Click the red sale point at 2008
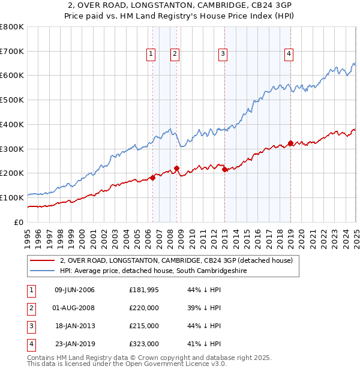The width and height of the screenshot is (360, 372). [x=176, y=169]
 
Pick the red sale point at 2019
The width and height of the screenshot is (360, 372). [x=290, y=143]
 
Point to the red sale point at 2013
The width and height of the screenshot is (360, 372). [x=224, y=170]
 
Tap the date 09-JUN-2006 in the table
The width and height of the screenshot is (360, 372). [x=74, y=290]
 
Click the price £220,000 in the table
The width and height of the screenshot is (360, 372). [x=144, y=308]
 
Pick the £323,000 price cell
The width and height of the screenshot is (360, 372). [x=144, y=344]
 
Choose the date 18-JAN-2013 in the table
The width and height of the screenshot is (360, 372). [x=75, y=326]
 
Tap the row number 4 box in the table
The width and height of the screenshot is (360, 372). [x=31, y=344]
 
